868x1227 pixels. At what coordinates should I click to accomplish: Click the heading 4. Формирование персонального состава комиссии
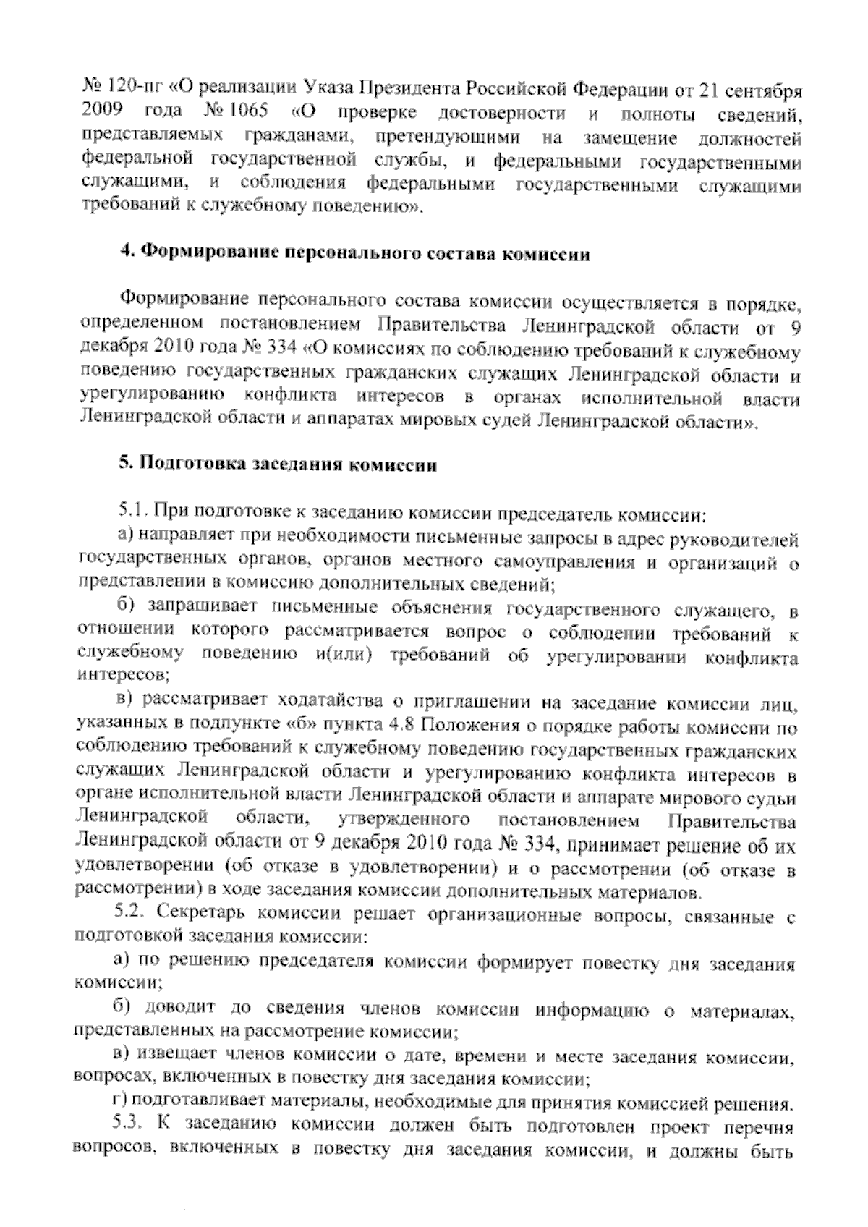tap(354, 254)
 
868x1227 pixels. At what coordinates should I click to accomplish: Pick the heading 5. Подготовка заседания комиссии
tap(278, 464)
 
